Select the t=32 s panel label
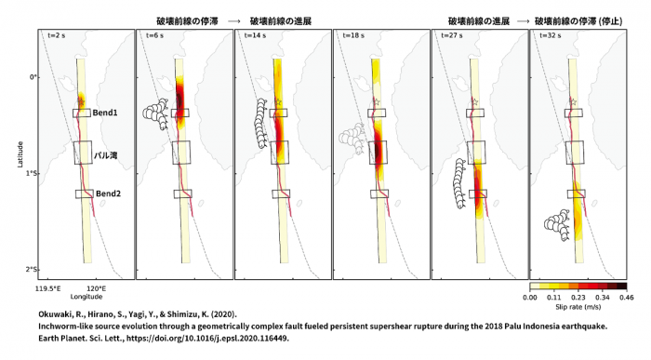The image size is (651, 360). [x=551, y=35]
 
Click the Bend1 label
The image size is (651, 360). [x=105, y=113]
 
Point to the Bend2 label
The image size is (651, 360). [x=108, y=193]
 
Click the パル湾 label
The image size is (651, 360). [x=105, y=155]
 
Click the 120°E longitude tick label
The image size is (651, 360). [x=96, y=289]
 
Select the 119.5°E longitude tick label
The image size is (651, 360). [x=48, y=289]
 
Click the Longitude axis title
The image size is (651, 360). [x=86, y=297]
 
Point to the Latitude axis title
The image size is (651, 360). [x=20, y=154]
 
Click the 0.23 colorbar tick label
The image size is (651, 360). [x=578, y=298]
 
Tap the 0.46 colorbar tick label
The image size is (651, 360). [x=627, y=298]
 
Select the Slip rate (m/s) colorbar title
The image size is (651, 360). [x=578, y=307]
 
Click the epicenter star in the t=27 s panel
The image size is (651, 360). [x=475, y=101]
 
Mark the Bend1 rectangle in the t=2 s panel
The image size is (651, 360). [x=82, y=113]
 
